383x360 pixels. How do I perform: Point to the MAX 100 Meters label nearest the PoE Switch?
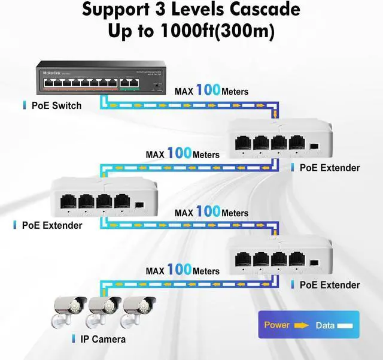point(211,91)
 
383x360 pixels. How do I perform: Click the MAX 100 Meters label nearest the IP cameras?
point(183,271)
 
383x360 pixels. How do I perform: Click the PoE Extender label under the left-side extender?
point(52,225)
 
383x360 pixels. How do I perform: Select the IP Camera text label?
point(103,339)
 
